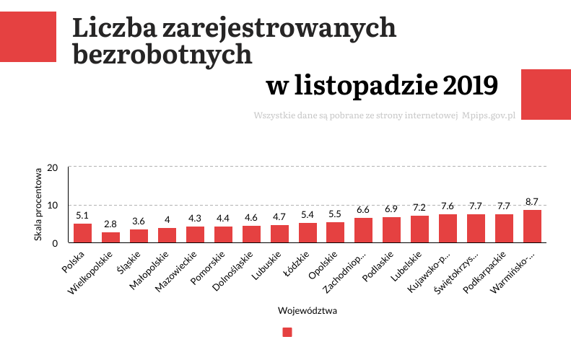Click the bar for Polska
click(x=83, y=233)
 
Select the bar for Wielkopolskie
click(x=110, y=237)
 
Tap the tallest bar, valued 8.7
click(x=532, y=227)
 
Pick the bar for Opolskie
click(x=336, y=232)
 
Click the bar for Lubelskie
click(x=419, y=229)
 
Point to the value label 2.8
click(x=110, y=224)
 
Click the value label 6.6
click(x=364, y=209)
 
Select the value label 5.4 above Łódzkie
click(x=308, y=214)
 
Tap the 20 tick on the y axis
click(x=52, y=167)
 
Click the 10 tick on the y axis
click(x=52, y=205)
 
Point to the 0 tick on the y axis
click(x=54, y=243)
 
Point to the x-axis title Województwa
click(x=308, y=312)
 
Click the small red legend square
click(x=287, y=333)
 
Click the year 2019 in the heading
click(x=471, y=86)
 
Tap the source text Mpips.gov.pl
click(x=488, y=115)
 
